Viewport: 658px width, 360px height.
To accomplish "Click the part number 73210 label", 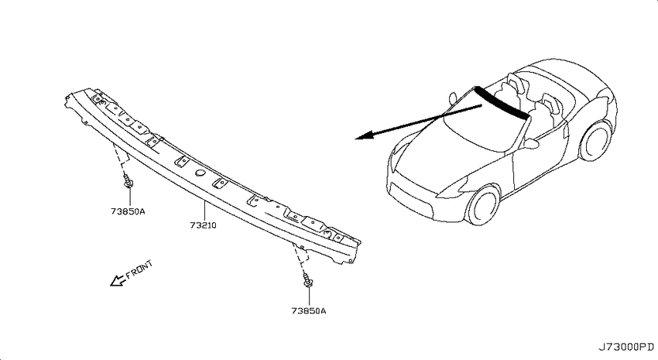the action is pos(203,225).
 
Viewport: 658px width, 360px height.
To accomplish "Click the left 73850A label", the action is pos(128,211).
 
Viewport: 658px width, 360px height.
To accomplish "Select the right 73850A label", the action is pos(308,311).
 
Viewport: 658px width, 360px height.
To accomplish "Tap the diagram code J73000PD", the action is pos(625,347).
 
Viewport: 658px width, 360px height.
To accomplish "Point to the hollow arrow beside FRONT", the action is pos(118,280).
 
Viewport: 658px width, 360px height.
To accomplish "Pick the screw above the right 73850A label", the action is pos(307,279).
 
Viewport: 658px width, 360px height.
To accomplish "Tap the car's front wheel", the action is pos(483,206).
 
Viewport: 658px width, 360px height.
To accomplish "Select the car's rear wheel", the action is pos(595,140).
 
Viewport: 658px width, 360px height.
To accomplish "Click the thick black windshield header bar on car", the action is pos(502,102).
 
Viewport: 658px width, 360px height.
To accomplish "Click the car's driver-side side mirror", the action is pos(530,144).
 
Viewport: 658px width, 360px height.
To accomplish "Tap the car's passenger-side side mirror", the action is pos(452,98).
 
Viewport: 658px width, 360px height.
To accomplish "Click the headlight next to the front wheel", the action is pos(452,188).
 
